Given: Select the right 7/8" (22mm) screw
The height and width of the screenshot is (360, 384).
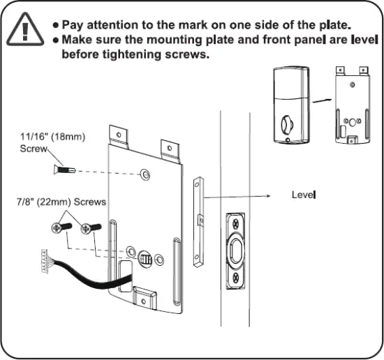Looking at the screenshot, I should click(87, 228).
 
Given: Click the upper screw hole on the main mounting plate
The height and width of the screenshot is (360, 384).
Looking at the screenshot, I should click(145, 173).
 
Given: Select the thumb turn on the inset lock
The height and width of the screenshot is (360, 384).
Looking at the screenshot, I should click(286, 126).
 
